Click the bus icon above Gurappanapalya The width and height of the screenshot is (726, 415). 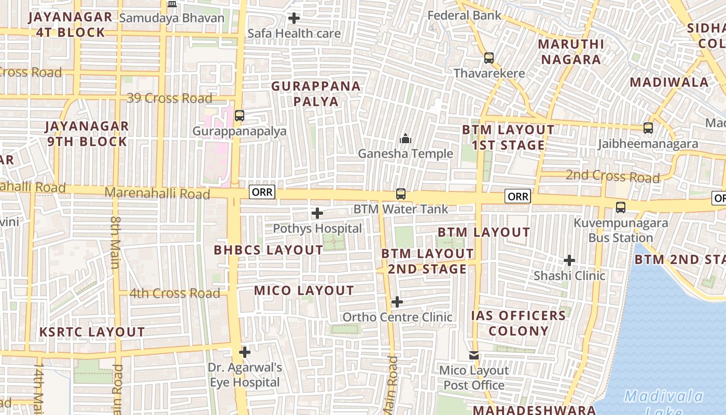(239, 116)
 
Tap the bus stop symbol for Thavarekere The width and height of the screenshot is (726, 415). (489, 58)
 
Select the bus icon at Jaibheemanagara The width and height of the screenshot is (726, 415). (648, 128)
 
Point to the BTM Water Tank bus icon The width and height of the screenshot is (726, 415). (401, 194)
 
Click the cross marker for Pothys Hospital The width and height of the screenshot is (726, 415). (317, 213)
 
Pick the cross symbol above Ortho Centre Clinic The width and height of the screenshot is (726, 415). (397, 302)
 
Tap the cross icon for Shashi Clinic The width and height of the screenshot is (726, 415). (569, 260)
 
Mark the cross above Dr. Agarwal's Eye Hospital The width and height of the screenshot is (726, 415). (245, 353)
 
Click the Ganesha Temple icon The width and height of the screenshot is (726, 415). (406, 139)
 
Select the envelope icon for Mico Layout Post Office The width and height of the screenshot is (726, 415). (474, 355)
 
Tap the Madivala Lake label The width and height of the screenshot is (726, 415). (663, 404)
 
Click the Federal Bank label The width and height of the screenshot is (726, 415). (464, 16)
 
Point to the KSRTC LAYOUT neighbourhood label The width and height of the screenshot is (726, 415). (92, 332)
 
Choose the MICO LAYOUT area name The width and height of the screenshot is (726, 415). (304, 290)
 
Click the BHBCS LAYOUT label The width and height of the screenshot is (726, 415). (269, 250)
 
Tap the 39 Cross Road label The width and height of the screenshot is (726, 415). (170, 98)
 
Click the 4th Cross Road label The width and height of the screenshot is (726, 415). (175, 293)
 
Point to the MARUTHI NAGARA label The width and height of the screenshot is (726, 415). (571, 51)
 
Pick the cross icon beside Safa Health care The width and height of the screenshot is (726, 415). (294, 19)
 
